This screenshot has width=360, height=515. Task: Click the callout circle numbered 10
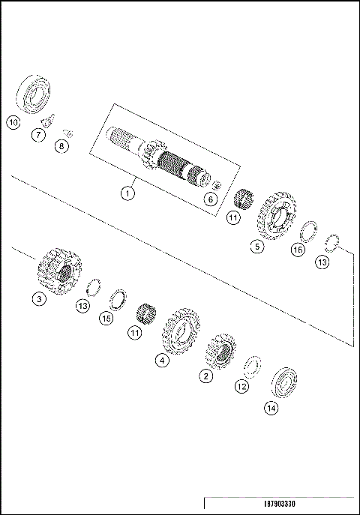(x=13, y=121)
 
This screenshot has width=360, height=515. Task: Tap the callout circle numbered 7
(x=37, y=135)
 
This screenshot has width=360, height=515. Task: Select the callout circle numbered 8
(x=62, y=146)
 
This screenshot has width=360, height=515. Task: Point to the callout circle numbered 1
(x=128, y=193)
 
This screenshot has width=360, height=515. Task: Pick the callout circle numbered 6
(x=211, y=199)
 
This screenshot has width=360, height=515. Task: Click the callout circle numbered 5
(x=257, y=245)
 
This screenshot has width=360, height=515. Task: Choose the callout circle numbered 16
(x=298, y=250)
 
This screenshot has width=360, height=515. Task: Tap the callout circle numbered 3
(x=38, y=299)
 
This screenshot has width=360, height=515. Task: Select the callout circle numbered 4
(x=162, y=360)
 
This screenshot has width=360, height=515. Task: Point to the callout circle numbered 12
(x=241, y=387)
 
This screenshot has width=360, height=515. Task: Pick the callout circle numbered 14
(x=271, y=409)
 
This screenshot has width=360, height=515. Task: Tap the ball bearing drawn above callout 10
(x=34, y=93)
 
